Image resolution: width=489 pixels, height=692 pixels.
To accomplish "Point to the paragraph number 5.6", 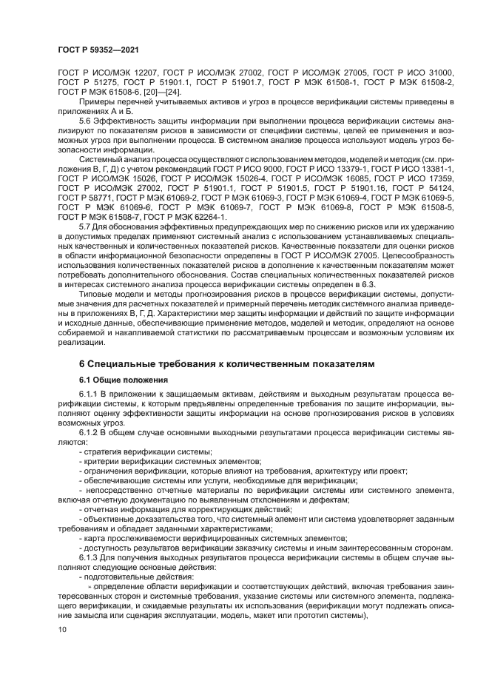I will click(84, 119).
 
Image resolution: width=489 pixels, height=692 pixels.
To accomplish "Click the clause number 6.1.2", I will click(89, 429).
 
